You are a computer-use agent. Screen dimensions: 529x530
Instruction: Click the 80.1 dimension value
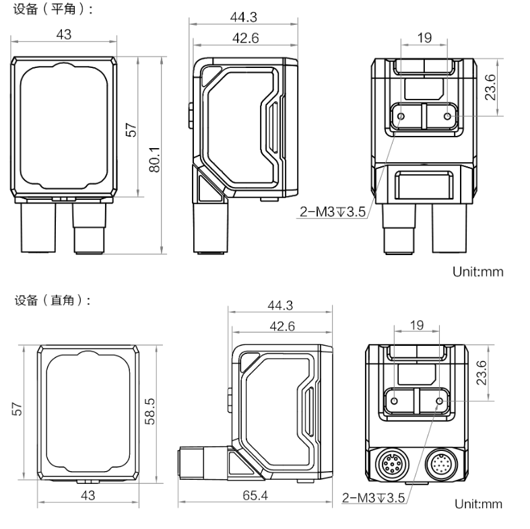(154, 159)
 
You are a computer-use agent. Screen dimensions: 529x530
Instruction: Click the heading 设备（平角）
(49, 9)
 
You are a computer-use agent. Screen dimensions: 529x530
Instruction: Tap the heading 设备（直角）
(49, 301)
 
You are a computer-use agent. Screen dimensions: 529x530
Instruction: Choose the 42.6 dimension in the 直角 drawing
(281, 326)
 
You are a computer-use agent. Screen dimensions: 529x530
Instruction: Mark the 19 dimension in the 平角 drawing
(424, 38)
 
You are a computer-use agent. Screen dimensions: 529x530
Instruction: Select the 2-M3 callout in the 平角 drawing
(333, 213)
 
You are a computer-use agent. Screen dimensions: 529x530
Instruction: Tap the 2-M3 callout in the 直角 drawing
(374, 498)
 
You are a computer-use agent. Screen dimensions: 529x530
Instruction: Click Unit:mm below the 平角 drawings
(479, 273)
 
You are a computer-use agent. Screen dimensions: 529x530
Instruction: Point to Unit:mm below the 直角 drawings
(479, 504)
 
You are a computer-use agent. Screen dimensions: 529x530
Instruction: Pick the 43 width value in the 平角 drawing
(64, 34)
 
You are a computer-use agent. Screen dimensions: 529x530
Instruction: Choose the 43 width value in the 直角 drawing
(88, 495)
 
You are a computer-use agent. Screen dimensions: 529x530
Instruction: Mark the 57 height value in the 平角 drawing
(132, 129)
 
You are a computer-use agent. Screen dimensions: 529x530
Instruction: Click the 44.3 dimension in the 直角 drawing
(280, 306)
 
